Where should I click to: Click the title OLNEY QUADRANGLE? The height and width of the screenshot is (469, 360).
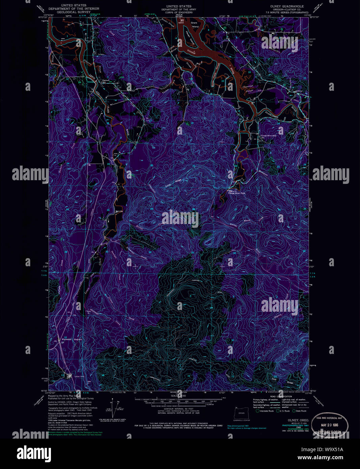pos(286,6)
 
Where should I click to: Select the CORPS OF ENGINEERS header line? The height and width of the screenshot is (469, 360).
pos(178,13)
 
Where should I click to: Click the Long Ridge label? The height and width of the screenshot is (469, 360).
pos(173,183)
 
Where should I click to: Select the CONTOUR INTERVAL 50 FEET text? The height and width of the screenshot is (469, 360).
pos(178,409)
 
